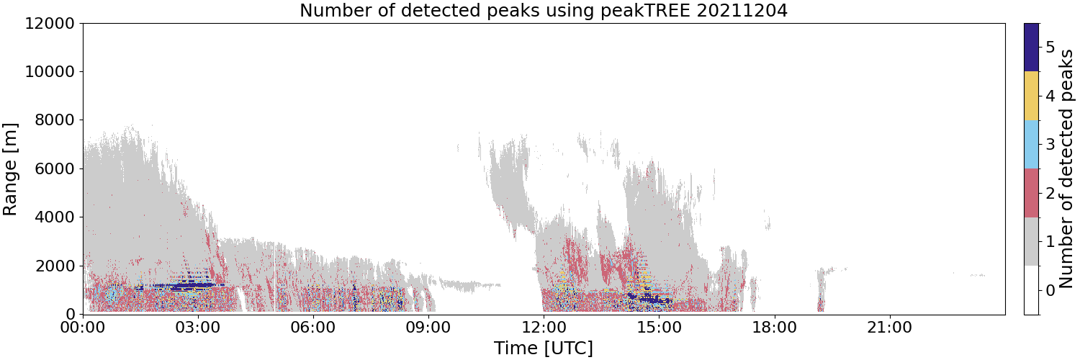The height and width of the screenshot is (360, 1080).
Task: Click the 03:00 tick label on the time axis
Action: (198, 328)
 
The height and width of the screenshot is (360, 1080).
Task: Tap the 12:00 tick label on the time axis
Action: (544, 328)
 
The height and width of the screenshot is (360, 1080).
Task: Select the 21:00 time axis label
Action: (889, 328)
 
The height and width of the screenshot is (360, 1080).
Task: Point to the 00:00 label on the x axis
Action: (83, 328)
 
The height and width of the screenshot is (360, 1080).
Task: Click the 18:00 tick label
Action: (774, 328)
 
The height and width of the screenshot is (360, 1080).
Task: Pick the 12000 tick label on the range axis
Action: (50, 23)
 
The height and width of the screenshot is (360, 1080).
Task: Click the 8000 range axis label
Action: (55, 120)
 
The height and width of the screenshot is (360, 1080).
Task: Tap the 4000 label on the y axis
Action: (55, 217)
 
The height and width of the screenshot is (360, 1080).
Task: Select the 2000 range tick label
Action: (55, 266)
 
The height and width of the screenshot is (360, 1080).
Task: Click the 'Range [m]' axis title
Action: (10, 169)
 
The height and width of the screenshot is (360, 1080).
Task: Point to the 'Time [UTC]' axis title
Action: (544, 348)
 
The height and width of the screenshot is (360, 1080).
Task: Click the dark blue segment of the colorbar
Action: (1031, 48)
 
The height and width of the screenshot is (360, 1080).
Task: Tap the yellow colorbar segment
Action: (1031, 96)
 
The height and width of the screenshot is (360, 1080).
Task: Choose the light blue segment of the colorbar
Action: (1031, 145)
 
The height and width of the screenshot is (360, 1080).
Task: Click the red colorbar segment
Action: (1031, 193)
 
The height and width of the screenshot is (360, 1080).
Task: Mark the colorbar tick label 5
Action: (1050, 48)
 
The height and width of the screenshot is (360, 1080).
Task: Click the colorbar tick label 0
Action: (1050, 290)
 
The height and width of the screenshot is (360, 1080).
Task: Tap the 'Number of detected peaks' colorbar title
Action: (1068, 168)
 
